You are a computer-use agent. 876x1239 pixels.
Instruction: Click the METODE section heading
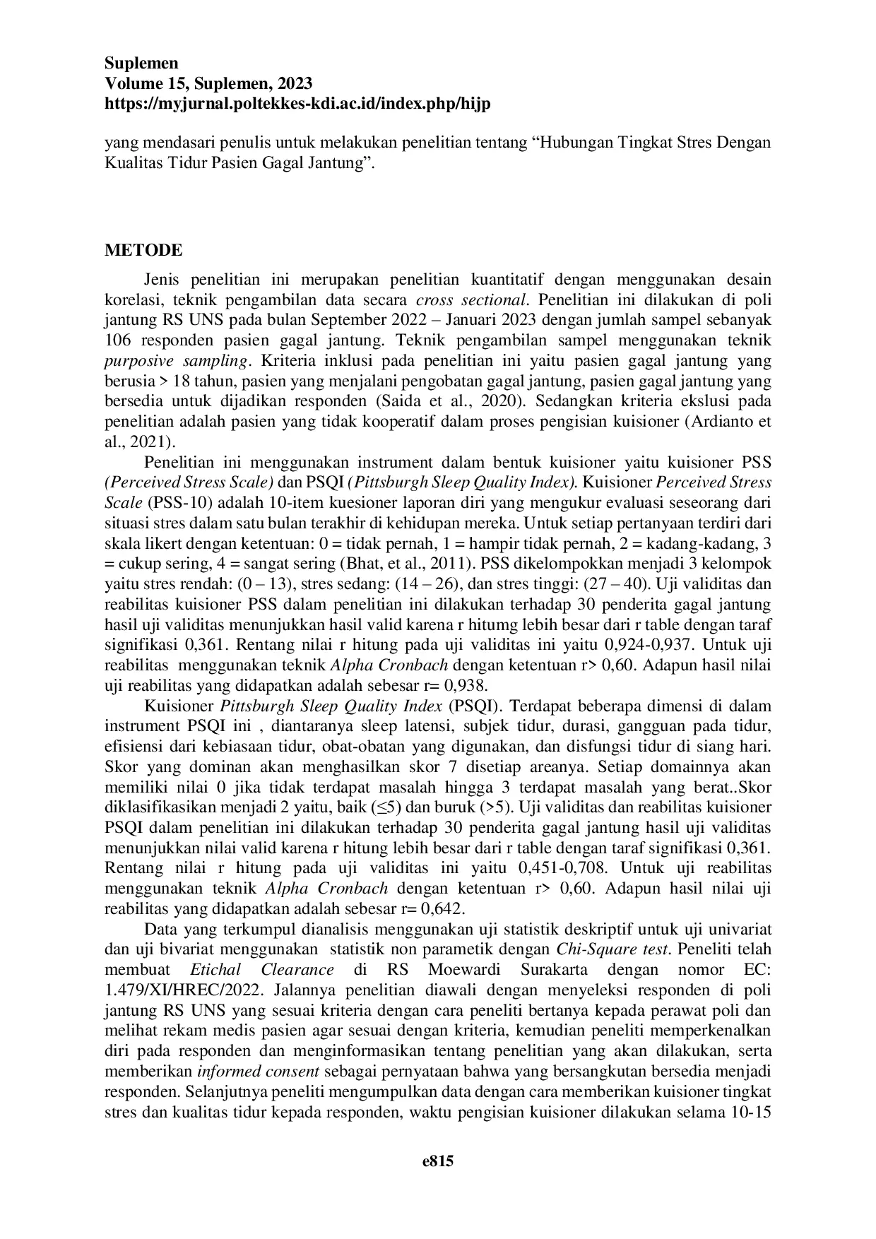pos(143,250)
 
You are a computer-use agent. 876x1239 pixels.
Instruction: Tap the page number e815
pos(438,1161)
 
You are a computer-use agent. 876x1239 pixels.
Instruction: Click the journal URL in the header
pos(297,104)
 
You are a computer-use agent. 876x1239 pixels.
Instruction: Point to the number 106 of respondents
pos(119,340)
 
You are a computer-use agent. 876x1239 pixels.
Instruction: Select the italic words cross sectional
pos(472,300)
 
